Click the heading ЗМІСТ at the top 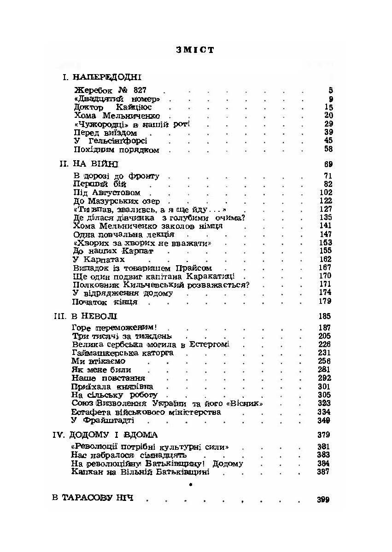pyautogui.click(x=195, y=50)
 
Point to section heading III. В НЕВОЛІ pyautogui.click(x=86, y=316)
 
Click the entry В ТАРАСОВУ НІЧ pyautogui.click(x=93, y=499)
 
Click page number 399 pyautogui.click(x=323, y=500)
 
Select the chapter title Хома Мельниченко pyautogui.click(x=117, y=116)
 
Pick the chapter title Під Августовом pyautogui.click(x=106, y=192)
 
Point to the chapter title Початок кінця pyautogui.click(x=105, y=302)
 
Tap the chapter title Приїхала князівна pyautogui.click(x=112, y=386)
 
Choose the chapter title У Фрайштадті pyautogui.click(x=103, y=420)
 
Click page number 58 pyautogui.click(x=328, y=149)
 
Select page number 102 pyautogui.click(x=325, y=192)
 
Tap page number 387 pyautogui.click(x=324, y=472)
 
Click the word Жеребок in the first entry pyautogui.click(x=90, y=90)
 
